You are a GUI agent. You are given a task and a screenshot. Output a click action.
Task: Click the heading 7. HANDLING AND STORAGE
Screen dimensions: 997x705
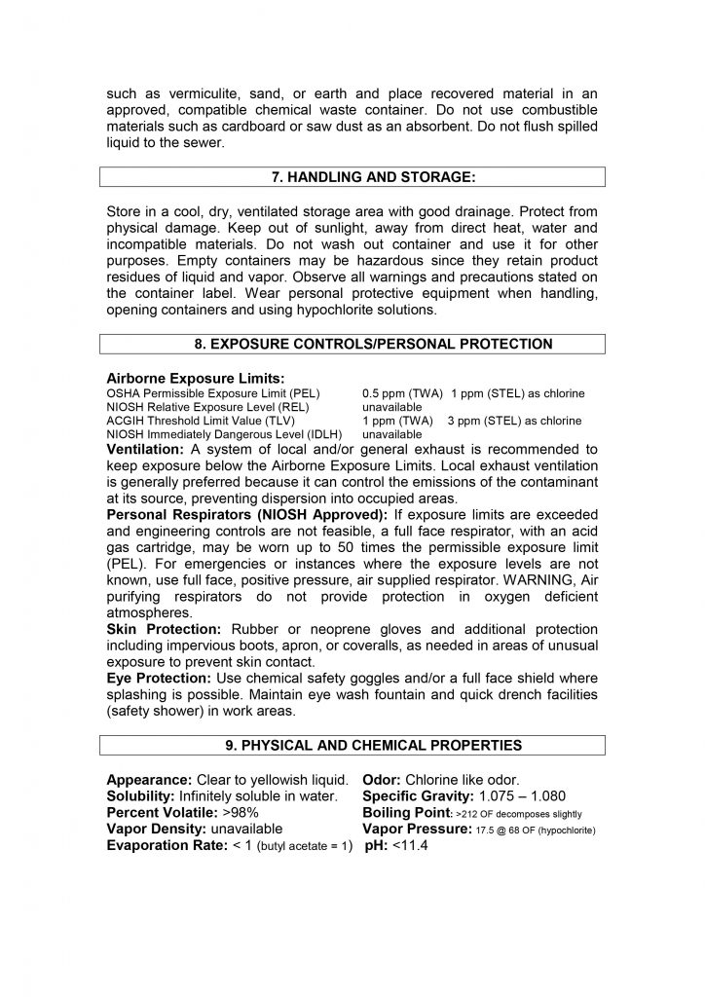pos(352,176)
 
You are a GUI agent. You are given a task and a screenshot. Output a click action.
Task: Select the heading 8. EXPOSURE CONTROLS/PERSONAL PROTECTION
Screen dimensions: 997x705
pos(352,344)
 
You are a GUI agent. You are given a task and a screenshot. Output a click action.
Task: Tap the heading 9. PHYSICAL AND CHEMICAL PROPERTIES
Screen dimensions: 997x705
pos(352,746)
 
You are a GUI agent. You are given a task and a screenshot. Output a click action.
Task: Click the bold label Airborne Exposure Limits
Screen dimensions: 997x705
pos(196,378)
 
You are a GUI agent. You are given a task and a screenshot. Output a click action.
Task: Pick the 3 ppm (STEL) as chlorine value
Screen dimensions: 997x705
pos(514,421)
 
